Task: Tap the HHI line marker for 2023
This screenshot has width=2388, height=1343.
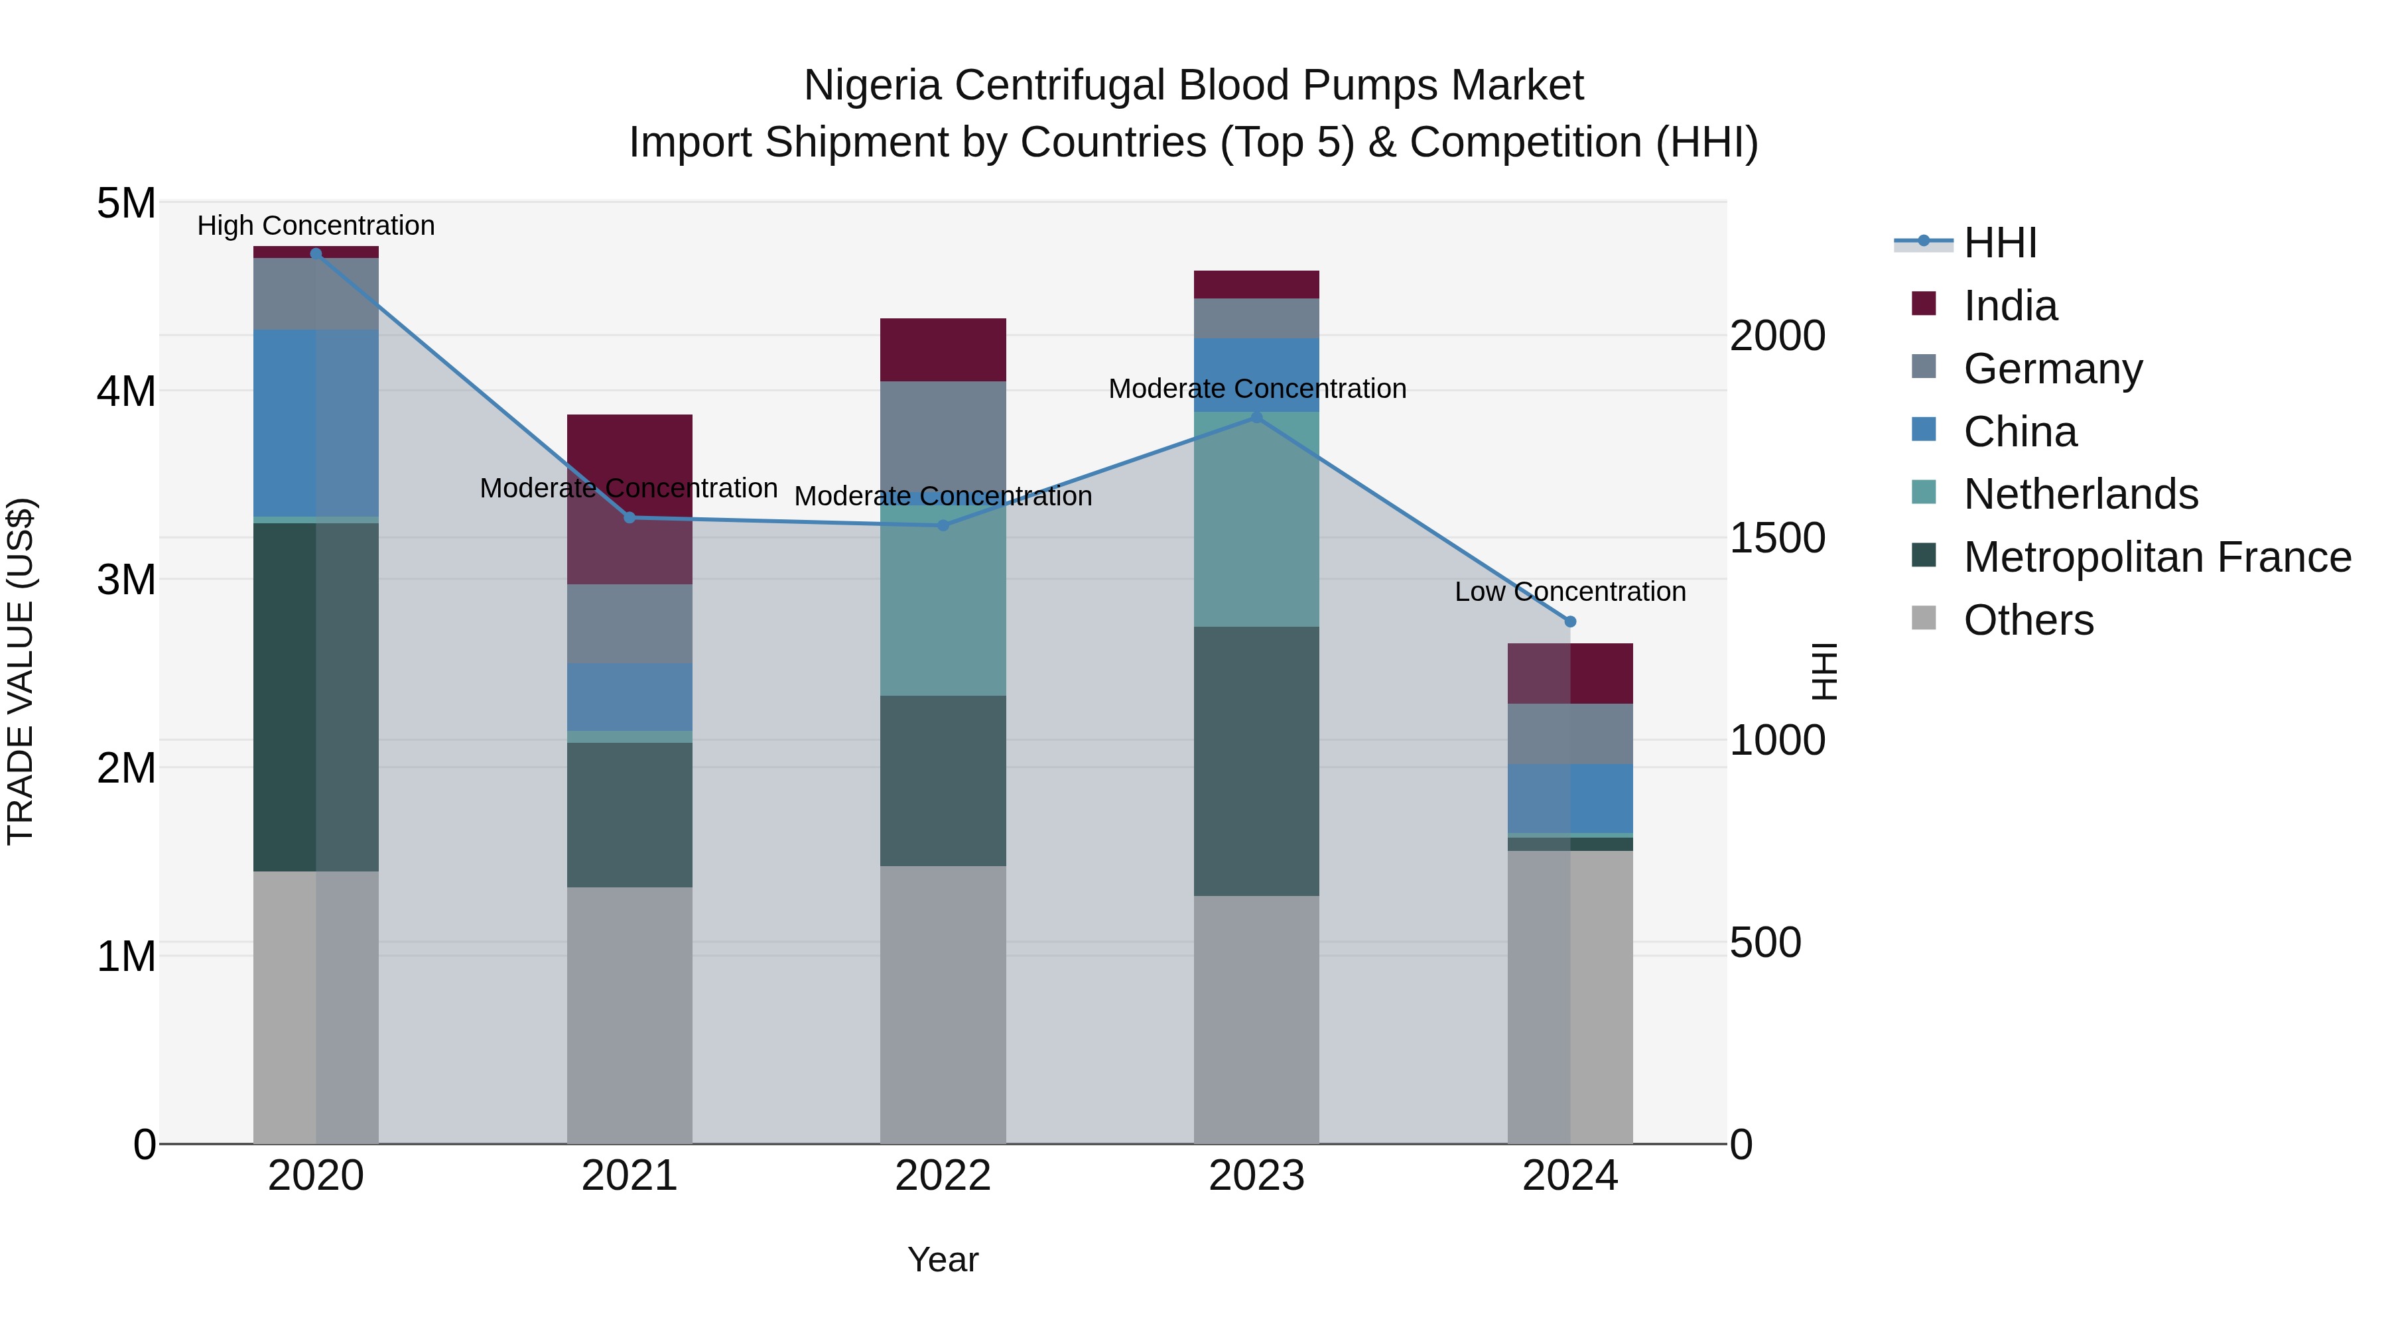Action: click(1257, 417)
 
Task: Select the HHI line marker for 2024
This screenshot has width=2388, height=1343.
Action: click(1570, 622)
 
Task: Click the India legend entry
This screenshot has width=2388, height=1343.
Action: click(2010, 306)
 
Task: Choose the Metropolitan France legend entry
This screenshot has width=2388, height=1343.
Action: click(2156, 557)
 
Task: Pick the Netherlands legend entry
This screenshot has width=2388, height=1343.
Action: click(2080, 494)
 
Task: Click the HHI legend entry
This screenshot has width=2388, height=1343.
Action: click(1999, 243)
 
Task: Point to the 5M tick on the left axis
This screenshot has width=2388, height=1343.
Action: click(126, 203)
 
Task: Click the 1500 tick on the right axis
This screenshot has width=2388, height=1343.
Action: click(1777, 538)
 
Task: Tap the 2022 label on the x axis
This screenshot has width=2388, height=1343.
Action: click(943, 1176)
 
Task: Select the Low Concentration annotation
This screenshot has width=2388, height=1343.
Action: click(1569, 592)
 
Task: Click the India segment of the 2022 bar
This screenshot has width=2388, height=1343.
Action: click(943, 350)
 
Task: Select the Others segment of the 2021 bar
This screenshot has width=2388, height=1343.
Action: click(630, 1015)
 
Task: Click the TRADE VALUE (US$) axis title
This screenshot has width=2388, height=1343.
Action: click(21, 671)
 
